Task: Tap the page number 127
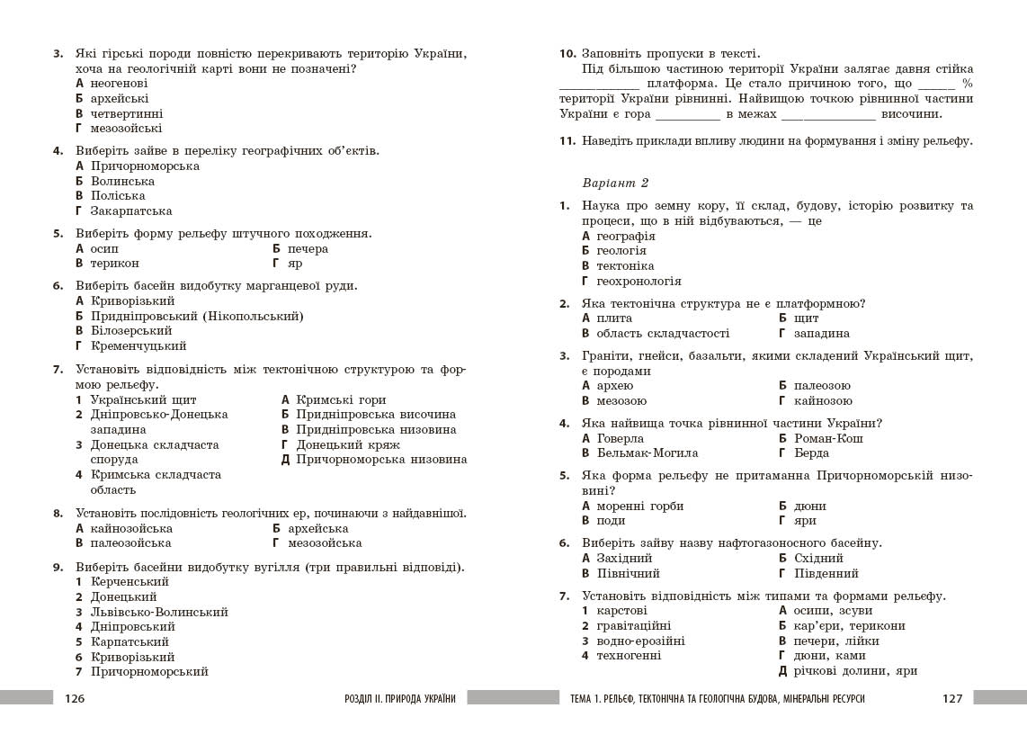[x=952, y=698]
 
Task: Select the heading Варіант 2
[x=615, y=183]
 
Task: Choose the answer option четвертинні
[x=126, y=113]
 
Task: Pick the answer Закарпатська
[x=131, y=211]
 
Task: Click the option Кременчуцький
[x=138, y=345]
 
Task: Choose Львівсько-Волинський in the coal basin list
[x=159, y=612]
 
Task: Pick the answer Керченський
[x=129, y=581]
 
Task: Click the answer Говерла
[x=621, y=438]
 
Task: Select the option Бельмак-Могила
[x=647, y=453]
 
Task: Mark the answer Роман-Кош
[x=828, y=438]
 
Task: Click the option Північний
[x=628, y=573]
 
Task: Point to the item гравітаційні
[x=632, y=625]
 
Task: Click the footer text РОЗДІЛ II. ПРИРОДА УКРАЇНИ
[x=399, y=698]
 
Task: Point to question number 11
[x=567, y=140]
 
